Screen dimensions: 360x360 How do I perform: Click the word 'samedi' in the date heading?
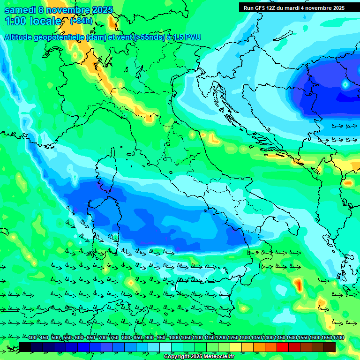click(x=20, y=10)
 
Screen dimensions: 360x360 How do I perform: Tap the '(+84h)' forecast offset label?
click(x=81, y=21)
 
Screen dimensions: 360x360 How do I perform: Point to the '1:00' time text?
click(x=15, y=21)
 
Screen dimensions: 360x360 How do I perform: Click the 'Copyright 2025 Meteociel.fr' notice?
click(x=199, y=357)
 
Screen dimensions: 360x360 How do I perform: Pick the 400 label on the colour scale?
click(x=32, y=338)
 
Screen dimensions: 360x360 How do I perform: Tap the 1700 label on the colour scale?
click(x=327, y=338)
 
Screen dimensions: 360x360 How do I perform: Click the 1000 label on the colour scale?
click(x=174, y=338)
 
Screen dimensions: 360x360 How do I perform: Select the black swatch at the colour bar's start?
click(x=25, y=347)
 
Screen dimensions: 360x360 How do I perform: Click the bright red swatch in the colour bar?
click(x=283, y=347)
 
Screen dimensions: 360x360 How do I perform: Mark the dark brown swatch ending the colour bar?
click(x=330, y=347)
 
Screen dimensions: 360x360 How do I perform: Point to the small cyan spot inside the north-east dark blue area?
click(x=345, y=85)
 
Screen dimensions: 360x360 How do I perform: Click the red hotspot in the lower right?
click(x=298, y=284)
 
